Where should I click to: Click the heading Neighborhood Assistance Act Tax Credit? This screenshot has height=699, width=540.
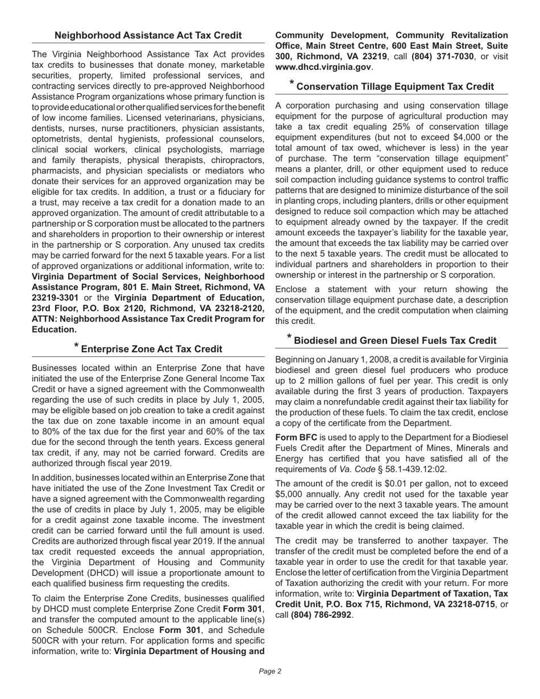click(148, 35)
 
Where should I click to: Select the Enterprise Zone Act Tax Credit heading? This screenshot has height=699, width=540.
click(152, 349)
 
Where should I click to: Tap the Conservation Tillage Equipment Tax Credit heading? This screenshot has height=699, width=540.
click(395, 87)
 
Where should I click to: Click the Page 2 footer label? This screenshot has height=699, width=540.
click(270, 671)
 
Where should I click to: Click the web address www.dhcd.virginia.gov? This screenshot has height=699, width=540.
click(323, 66)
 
